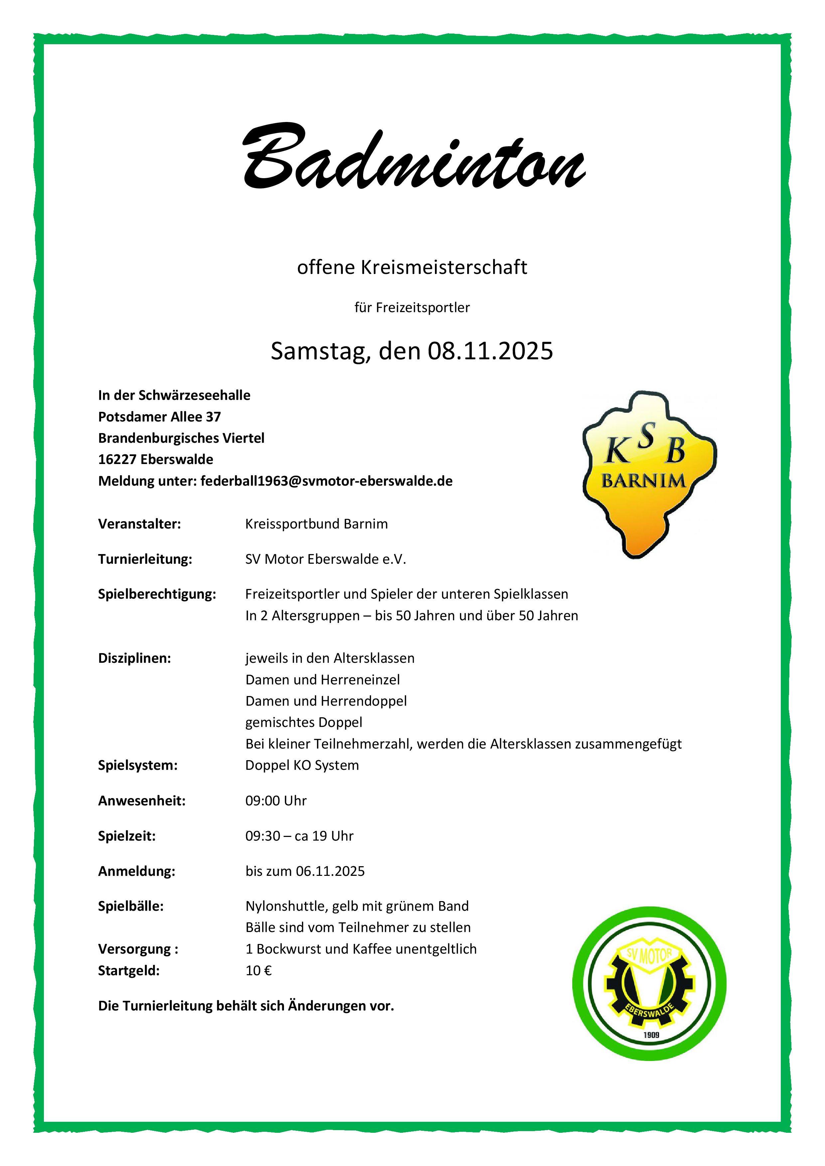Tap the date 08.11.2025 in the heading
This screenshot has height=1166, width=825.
point(490,351)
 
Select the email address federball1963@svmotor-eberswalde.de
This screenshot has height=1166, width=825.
point(326,481)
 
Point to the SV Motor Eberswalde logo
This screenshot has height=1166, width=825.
point(649,983)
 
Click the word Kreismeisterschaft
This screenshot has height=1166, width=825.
point(444,268)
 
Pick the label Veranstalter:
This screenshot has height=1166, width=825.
point(139,524)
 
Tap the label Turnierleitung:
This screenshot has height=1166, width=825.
point(145,559)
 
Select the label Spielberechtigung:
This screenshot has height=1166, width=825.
point(157,594)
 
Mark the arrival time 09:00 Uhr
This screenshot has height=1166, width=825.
point(276,801)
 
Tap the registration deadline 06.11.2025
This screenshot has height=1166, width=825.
point(330,872)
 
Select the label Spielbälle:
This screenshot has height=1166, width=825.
point(131,906)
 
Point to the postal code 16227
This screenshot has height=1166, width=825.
point(117,460)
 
